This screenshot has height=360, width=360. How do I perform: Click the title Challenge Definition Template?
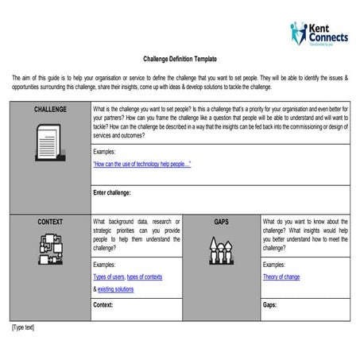pos(180,59)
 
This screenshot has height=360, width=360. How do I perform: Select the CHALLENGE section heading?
pos(50,110)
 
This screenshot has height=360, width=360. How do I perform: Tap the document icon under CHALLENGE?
pos(50,148)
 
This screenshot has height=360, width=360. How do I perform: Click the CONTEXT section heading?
pos(50,222)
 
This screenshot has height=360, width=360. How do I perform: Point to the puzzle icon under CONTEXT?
pos(50,250)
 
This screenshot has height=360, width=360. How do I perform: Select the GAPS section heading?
pos(221,222)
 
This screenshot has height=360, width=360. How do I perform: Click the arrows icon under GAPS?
pos(221,250)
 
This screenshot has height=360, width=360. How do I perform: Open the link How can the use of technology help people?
pos(142,165)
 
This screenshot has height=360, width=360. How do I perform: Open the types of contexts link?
pos(145,277)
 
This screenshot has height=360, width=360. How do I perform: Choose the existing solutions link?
pos(116,289)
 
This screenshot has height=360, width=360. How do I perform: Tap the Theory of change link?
pos(281,277)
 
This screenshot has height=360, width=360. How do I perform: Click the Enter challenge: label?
pos(112,192)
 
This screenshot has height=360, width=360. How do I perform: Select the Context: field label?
pos(103,304)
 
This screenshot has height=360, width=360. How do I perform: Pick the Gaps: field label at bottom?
pos(270,304)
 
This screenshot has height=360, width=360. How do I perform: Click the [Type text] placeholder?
pos(23,327)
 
